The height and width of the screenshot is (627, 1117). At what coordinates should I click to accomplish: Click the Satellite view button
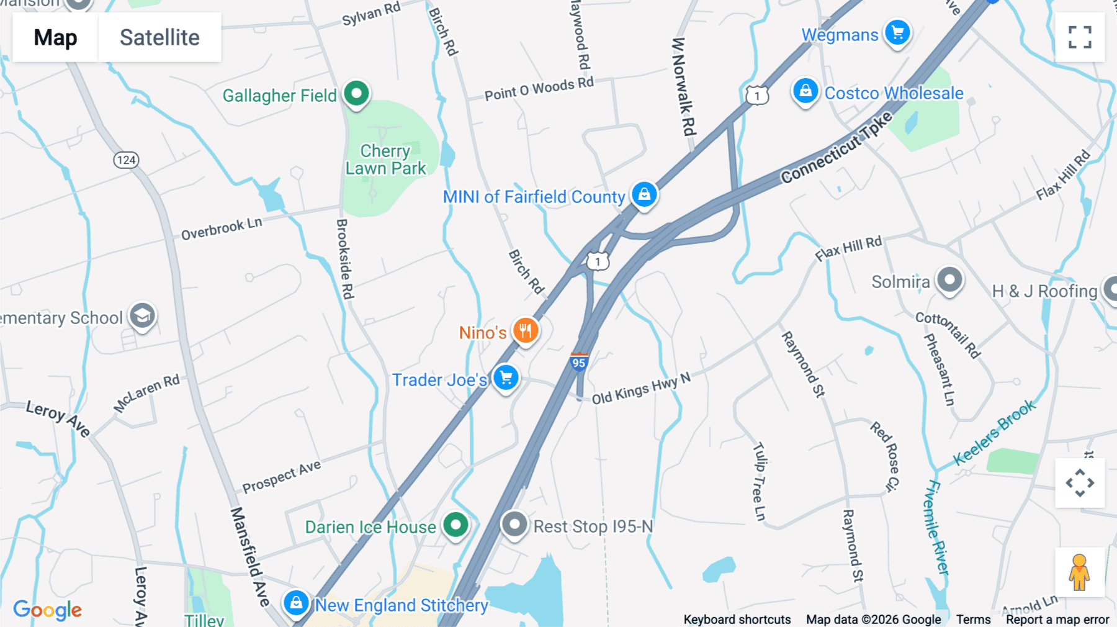[159, 37]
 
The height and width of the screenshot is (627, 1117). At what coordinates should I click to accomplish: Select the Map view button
[55, 37]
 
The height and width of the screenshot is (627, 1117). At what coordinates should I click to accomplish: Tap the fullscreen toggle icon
[1080, 37]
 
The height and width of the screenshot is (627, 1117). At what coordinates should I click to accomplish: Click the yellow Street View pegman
[1079, 572]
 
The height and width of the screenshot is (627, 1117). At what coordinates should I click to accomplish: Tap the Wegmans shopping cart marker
[897, 33]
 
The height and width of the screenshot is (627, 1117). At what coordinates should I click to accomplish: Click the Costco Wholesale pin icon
[805, 91]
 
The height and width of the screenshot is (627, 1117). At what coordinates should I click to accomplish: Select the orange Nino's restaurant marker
[525, 330]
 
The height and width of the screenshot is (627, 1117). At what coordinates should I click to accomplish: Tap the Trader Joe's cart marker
[506, 377]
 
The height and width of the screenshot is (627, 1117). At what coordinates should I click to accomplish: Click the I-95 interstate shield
[579, 361]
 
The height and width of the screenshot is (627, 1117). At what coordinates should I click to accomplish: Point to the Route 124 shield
[126, 160]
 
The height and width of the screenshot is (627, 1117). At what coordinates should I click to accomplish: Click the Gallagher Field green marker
[356, 94]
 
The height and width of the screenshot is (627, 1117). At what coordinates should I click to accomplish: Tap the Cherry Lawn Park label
[385, 160]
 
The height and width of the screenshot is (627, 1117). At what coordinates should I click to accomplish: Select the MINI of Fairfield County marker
[644, 194]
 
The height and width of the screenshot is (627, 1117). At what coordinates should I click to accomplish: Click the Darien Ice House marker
[455, 525]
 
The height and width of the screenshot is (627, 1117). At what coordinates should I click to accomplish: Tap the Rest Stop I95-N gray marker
[514, 525]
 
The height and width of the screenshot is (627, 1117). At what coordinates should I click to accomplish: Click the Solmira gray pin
[949, 280]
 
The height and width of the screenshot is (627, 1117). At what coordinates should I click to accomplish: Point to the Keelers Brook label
[994, 432]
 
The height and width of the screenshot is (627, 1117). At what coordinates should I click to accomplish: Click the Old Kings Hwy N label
[640, 389]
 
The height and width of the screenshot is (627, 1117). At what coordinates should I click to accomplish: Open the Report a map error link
[1057, 620]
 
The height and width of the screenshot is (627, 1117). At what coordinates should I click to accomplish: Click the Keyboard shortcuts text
[737, 620]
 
